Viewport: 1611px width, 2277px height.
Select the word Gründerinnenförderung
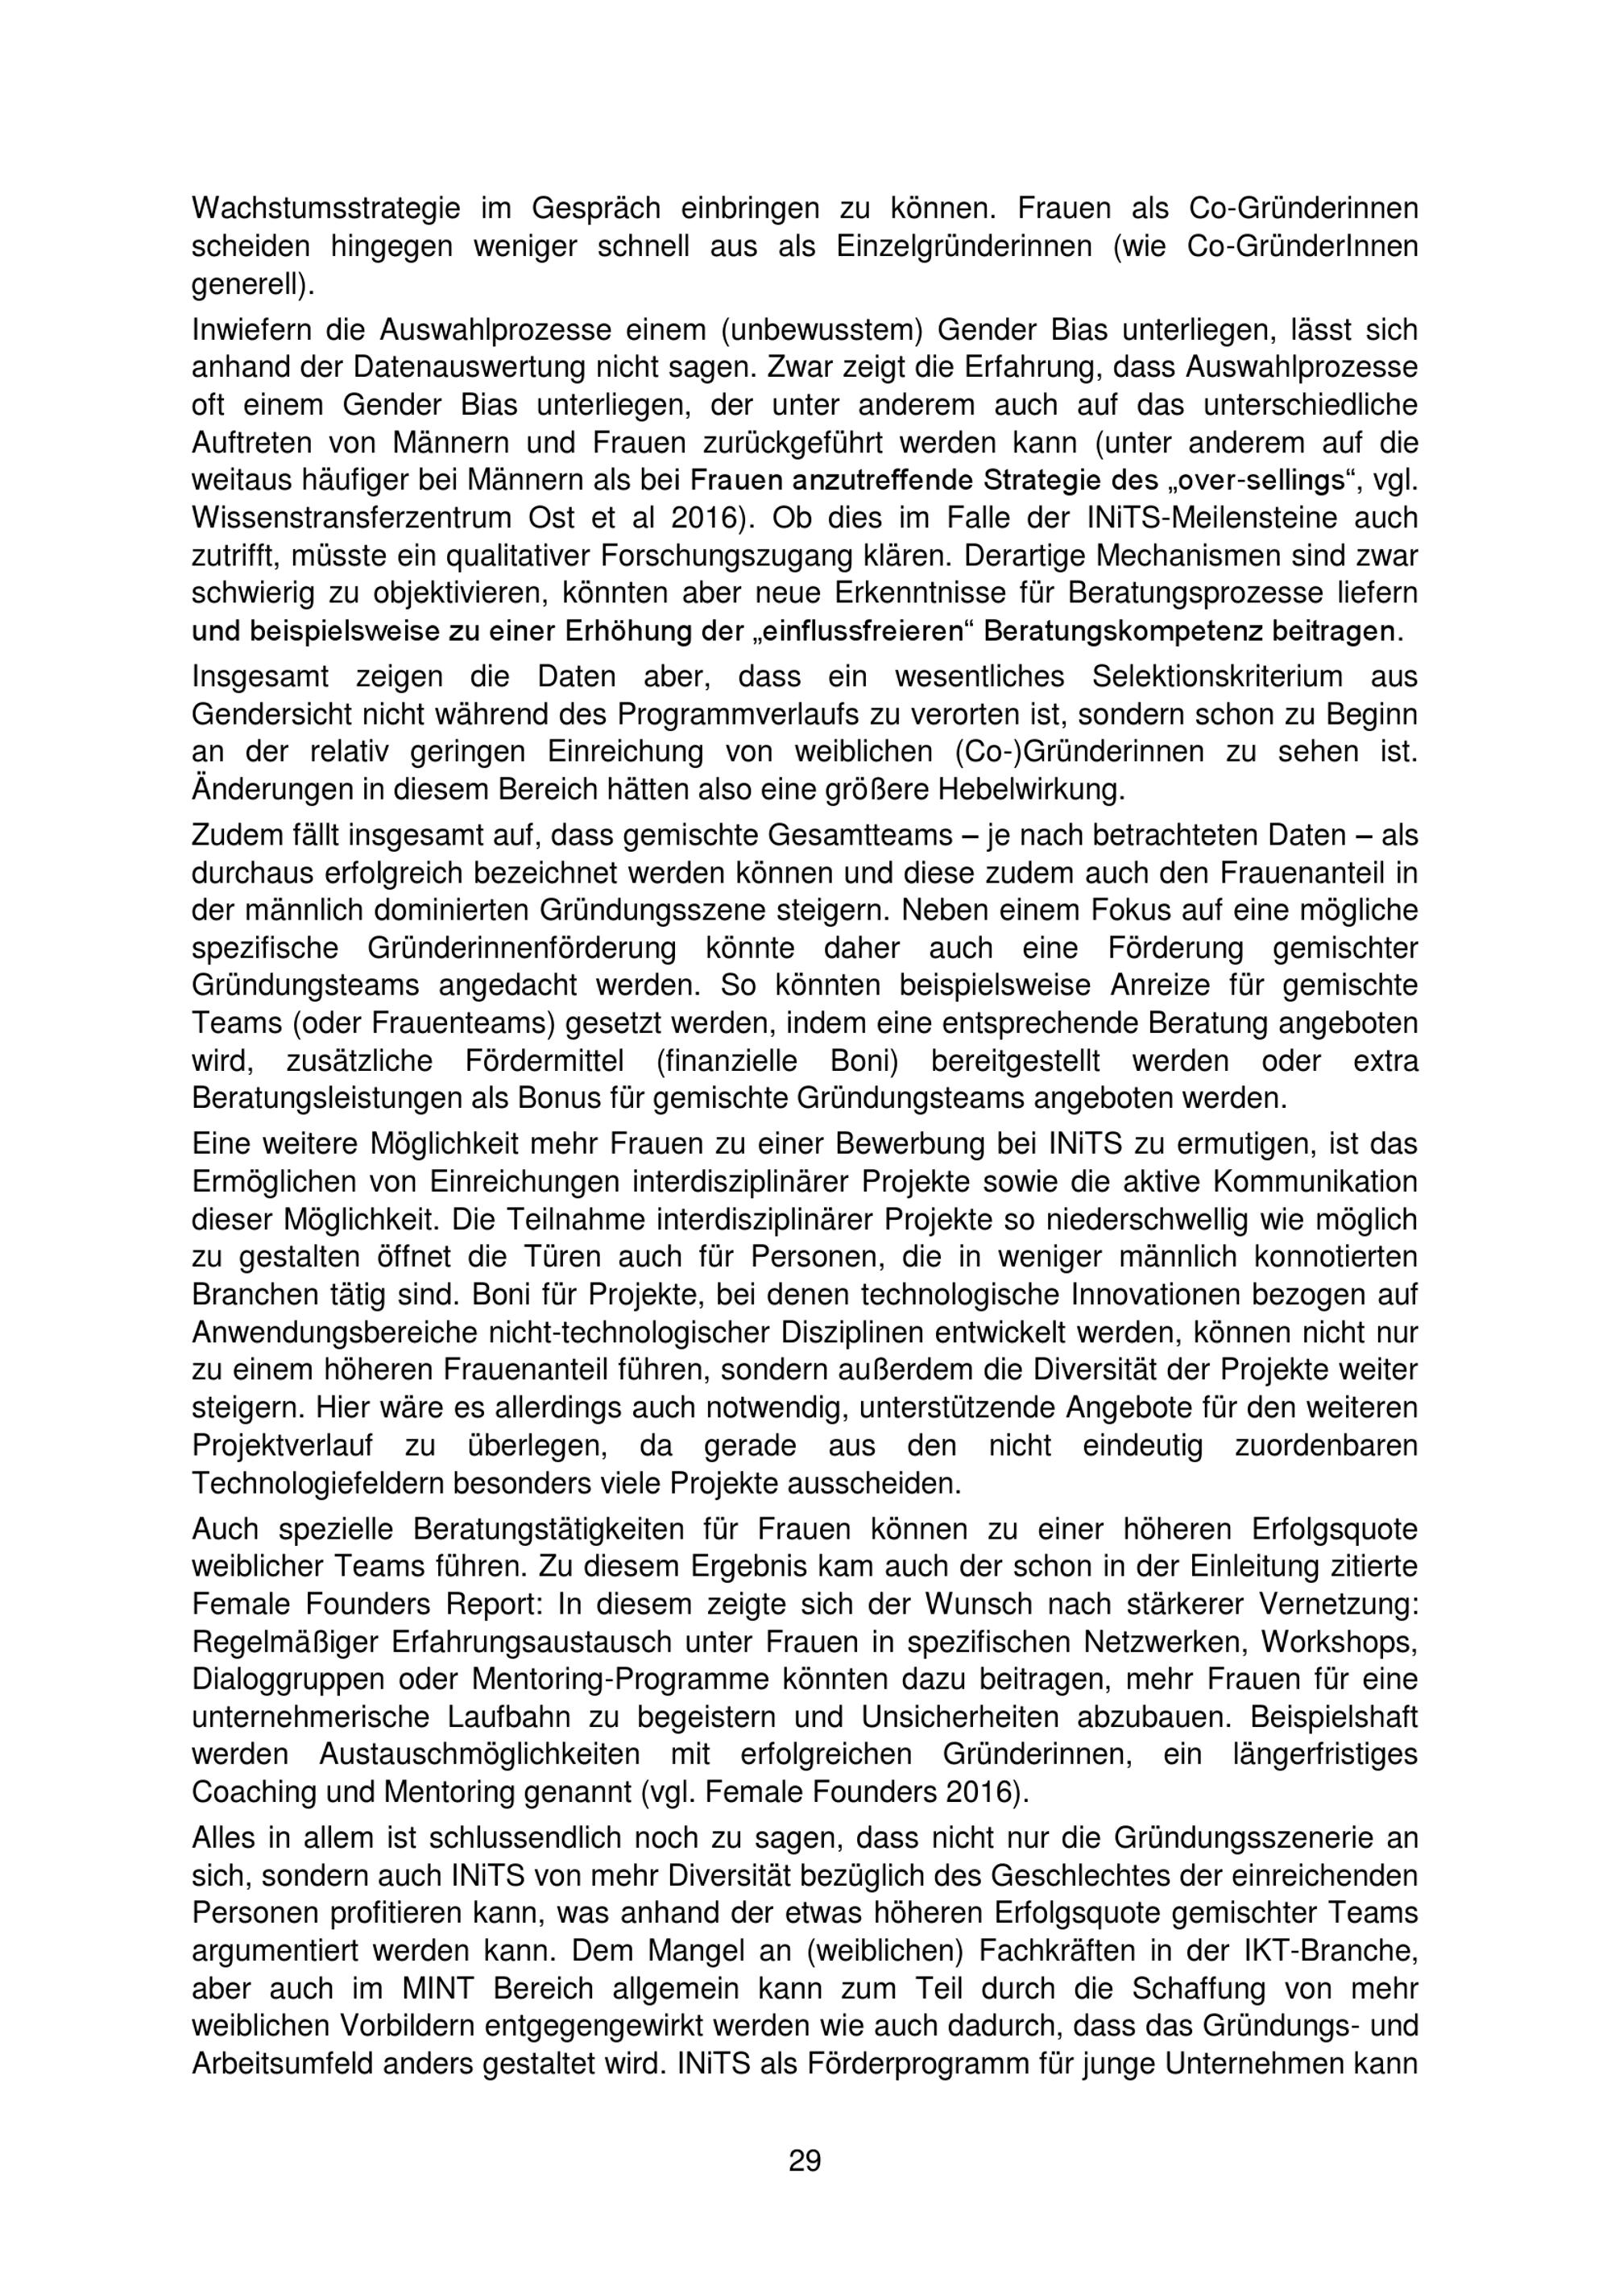click(522, 948)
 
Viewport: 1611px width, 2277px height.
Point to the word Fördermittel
click(545, 1061)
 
